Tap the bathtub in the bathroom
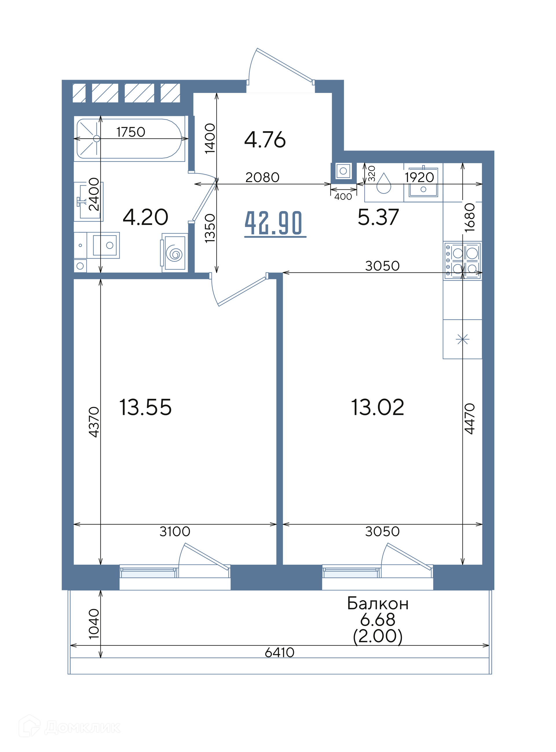pos(129,138)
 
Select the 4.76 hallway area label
pos(265,140)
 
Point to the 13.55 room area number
pos(145,407)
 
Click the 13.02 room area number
pos(377,407)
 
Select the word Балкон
pos(378,604)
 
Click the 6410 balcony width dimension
pos(279,653)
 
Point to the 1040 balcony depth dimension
pos(94,623)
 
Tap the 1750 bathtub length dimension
pos(131,132)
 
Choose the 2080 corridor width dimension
pos(262,177)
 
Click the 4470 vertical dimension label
pos(469,419)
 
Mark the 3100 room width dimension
pos(175,532)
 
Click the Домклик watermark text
pos(82,727)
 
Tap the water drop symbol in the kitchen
pos(384,184)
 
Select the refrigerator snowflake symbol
pos(462,339)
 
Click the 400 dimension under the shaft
pos(343,197)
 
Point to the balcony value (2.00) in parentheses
pos(378,636)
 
